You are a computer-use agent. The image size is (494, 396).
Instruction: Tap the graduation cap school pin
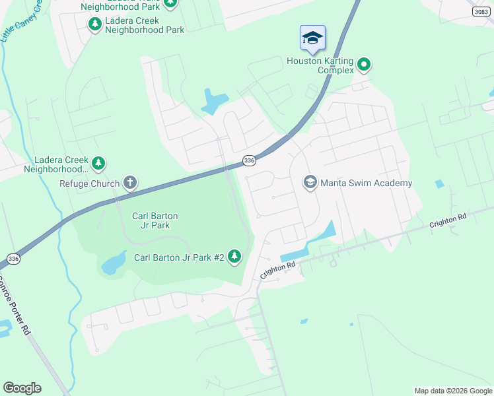[x=312, y=38]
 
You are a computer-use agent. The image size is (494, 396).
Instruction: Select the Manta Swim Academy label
[x=366, y=183]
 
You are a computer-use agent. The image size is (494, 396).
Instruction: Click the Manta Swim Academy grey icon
[x=310, y=182]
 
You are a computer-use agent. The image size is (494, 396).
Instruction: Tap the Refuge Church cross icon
[x=130, y=183]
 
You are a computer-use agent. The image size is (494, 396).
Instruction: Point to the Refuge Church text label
[x=89, y=183]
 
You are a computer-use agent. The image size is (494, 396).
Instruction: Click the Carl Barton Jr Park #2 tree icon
[x=234, y=257]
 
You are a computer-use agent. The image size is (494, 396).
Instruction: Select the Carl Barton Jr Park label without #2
[x=155, y=220]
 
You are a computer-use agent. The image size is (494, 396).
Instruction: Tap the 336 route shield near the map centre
[x=248, y=160]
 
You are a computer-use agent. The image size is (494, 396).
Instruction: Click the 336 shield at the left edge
[x=13, y=258]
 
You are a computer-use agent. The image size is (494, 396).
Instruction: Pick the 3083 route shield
[x=482, y=12]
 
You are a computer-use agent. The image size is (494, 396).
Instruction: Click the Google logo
[x=22, y=387]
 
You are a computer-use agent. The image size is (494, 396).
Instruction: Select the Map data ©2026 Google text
[x=453, y=391]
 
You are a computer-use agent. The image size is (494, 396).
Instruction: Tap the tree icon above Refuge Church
[x=98, y=162]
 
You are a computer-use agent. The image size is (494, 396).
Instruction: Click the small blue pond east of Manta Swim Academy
[x=439, y=183]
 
